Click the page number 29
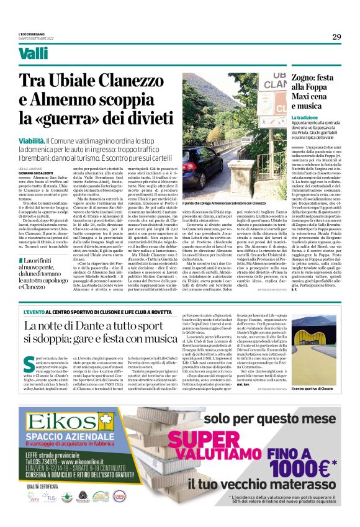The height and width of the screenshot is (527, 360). point(336,37)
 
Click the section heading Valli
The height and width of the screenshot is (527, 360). point(34,54)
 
